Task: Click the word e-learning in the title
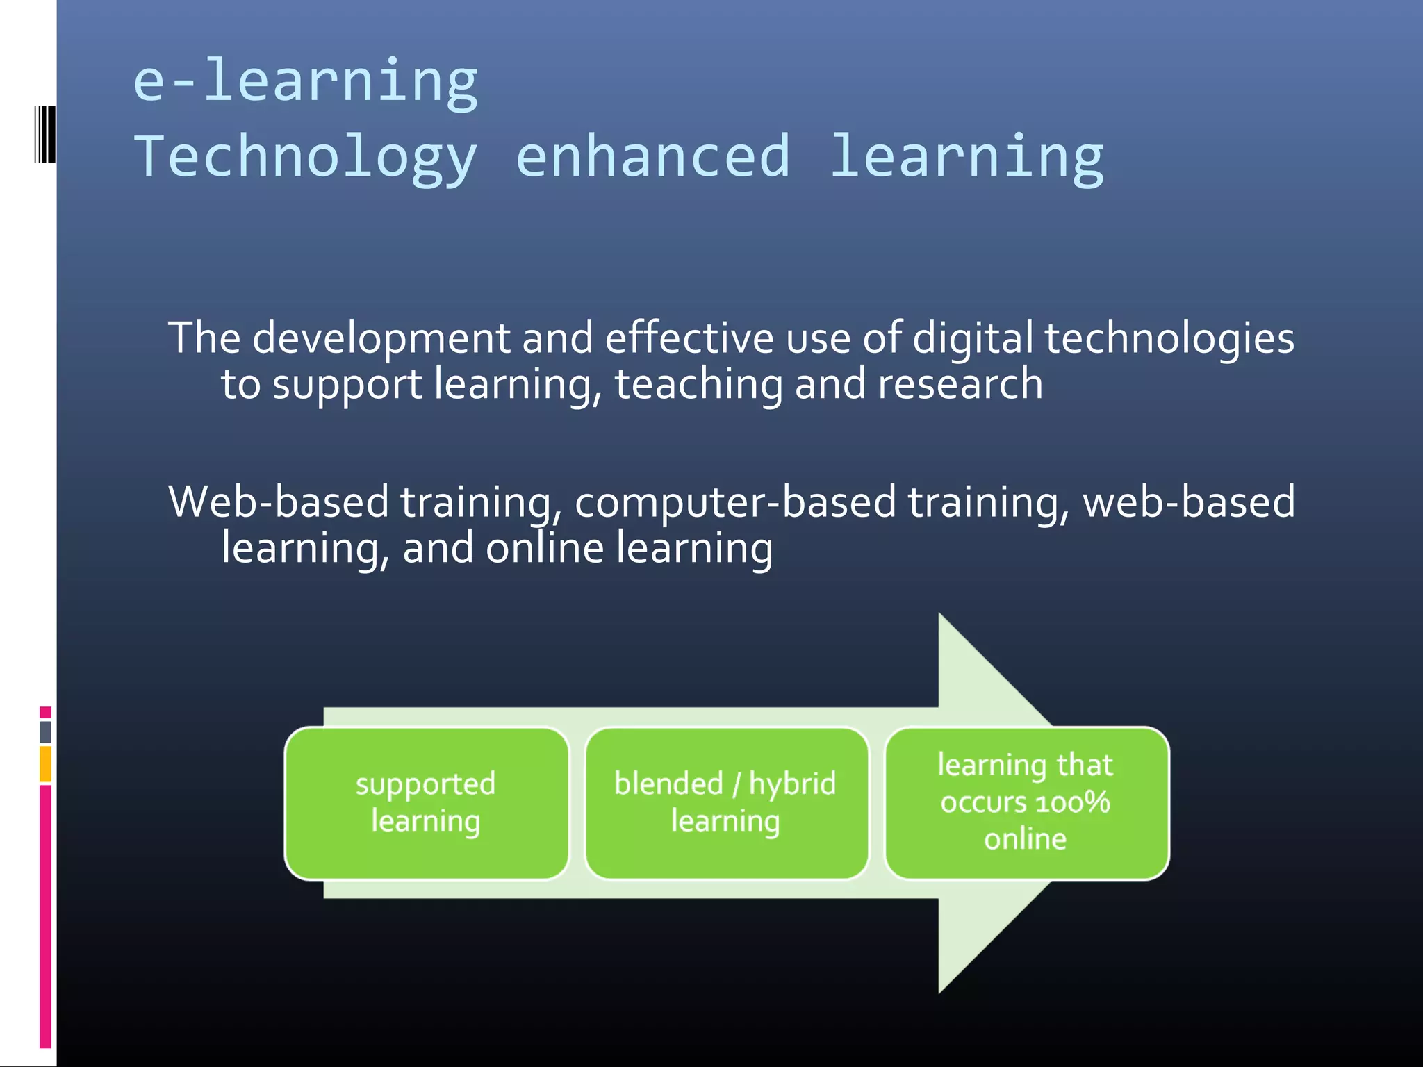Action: tap(305, 82)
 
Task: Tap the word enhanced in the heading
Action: tap(652, 156)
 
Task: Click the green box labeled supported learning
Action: tap(426, 803)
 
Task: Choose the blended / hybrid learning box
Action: tap(725, 803)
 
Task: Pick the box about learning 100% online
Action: tap(1026, 803)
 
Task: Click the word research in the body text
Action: tap(960, 384)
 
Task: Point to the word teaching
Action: tap(698, 386)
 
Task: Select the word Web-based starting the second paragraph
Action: tap(278, 502)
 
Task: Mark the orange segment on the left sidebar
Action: tap(45, 763)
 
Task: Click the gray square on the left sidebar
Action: tap(45, 731)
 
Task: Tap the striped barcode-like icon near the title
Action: tap(45, 135)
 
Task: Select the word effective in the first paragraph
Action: tap(689, 339)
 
